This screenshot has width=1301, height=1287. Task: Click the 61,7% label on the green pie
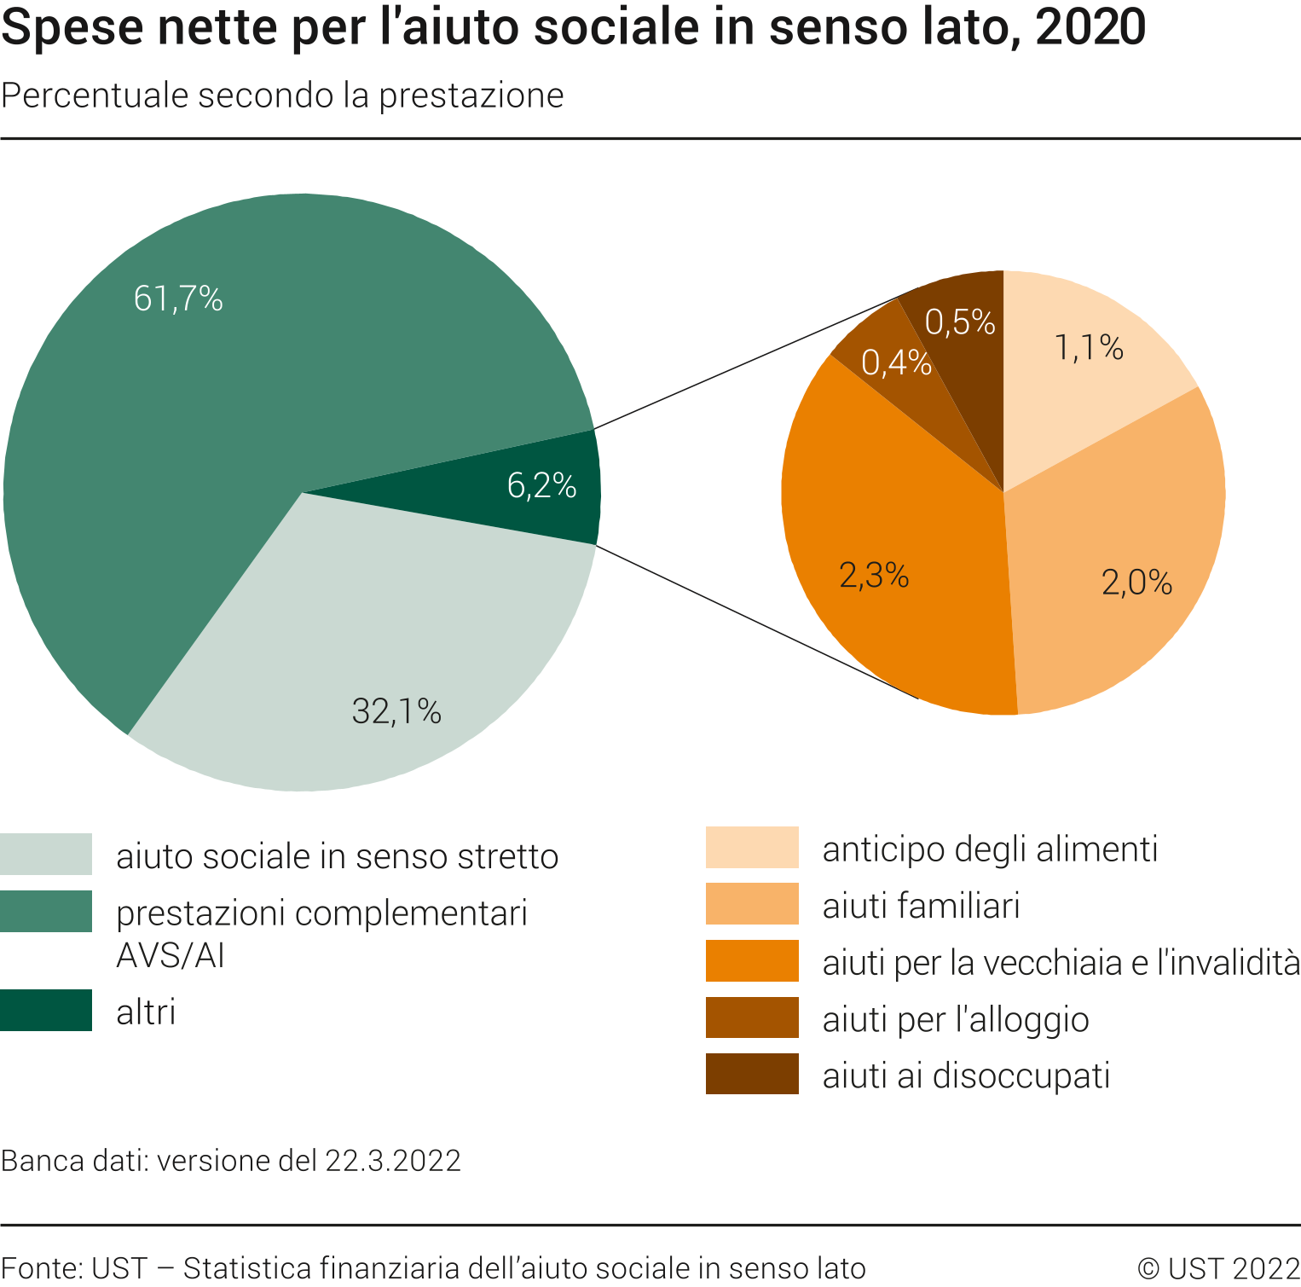(x=178, y=299)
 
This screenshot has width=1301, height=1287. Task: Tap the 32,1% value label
(x=396, y=711)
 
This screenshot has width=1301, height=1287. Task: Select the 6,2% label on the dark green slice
(x=541, y=486)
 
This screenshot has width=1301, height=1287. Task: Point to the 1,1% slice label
(x=1089, y=348)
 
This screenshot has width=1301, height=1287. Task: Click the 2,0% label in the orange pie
(x=1136, y=583)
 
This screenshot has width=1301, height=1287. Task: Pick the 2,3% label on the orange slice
(x=874, y=576)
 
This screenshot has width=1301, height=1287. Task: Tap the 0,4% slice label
(x=896, y=363)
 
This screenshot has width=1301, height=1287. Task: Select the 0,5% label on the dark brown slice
(x=960, y=322)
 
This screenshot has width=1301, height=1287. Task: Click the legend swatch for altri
(x=46, y=1011)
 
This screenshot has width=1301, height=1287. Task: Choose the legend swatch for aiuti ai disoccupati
(x=752, y=1074)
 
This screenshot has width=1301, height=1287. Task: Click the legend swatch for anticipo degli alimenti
(x=752, y=847)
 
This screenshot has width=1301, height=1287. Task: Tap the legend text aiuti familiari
(x=921, y=906)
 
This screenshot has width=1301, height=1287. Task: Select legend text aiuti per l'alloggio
(x=956, y=1019)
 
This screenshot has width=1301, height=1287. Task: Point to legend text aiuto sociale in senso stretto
(x=337, y=856)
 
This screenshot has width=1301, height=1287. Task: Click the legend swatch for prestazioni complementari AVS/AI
(x=46, y=912)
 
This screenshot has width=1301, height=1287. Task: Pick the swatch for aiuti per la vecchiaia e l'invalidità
(x=752, y=961)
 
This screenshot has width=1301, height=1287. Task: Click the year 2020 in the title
(x=1090, y=27)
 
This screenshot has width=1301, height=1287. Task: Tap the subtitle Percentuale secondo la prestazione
(x=282, y=96)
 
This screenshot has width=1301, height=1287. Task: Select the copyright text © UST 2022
(x=1218, y=1268)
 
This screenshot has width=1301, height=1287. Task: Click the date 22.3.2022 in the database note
(x=393, y=1161)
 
